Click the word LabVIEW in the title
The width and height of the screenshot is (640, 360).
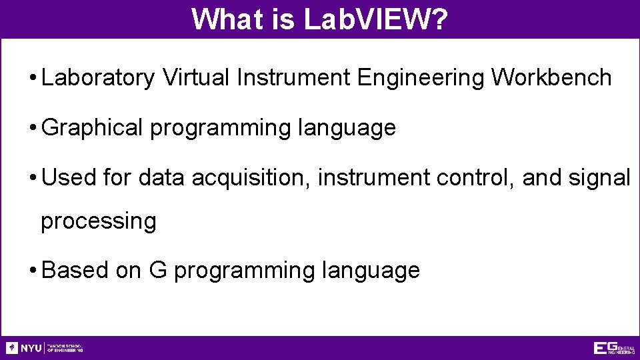[366, 19]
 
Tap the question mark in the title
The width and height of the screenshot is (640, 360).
[439, 19]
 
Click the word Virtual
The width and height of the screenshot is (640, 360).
[197, 78]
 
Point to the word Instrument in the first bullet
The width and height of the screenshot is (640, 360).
[294, 78]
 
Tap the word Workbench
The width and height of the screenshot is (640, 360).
[551, 78]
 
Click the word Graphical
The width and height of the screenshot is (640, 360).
[92, 127]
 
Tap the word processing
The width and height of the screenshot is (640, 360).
[99, 221]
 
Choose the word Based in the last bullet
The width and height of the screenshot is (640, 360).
[66, 270]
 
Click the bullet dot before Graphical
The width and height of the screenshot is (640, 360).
[32, 128]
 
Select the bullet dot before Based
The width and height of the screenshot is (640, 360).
[32, 271]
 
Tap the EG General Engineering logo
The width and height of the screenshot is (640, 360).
[614, 348]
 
